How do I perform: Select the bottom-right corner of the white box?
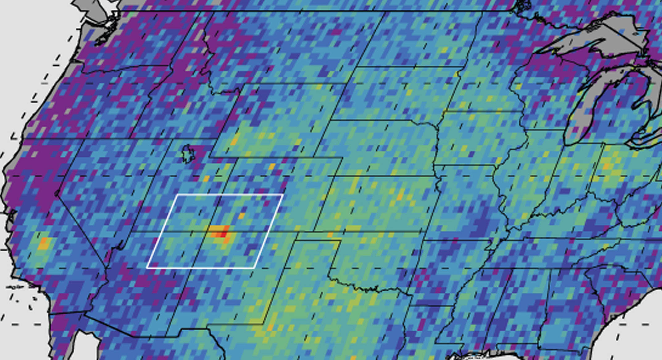(254, 268)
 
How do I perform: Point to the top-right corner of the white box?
(283, 195)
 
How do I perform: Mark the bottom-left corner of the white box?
(147, 268)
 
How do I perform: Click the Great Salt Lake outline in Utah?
(188, 154)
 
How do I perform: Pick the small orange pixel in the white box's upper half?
(241, 216)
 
